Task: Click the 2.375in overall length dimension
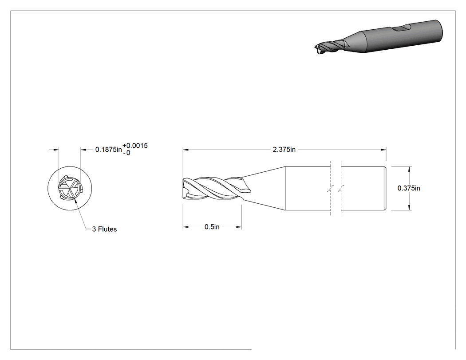click(x=284, y=150)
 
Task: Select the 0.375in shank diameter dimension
click(x=409, y=188)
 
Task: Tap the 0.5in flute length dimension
click(x=212, y=227)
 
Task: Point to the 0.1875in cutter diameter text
click(x=108, y=150)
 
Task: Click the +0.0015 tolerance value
click(x=135, y=146)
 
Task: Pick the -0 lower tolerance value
click(x=126, y=153)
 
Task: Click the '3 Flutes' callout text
click(x=104, y=229)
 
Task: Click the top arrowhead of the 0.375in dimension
click(x=410, y=169)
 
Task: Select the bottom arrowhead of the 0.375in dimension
click(x=410, y=207)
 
